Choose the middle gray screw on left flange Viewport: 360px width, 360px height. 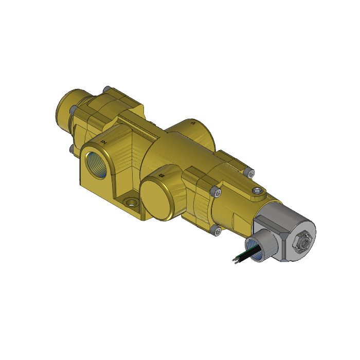click(74, 110)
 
